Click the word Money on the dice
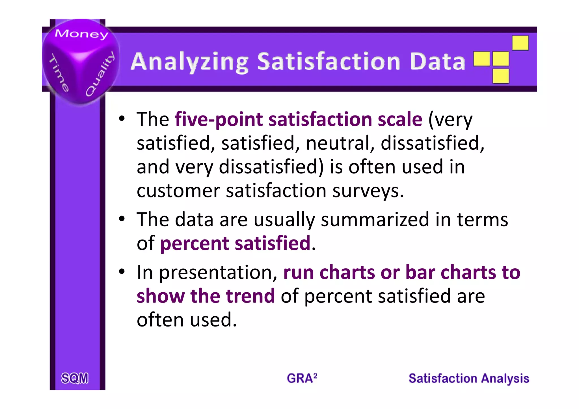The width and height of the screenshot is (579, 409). click(x=81, y=34)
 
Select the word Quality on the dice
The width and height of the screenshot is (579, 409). click(x=100, y=74)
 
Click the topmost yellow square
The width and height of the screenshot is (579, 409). click(x=520, y=43)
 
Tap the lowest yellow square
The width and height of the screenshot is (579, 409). click(x=500, y=76)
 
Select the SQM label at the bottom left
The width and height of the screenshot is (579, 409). click(x=75, y=378)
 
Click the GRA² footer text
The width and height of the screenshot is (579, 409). click(x=302, y=378)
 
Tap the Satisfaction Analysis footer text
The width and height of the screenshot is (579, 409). click(x=469, y=378)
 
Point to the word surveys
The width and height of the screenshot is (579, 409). click(x=368, y=191)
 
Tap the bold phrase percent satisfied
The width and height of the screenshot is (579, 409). click(x=235, y=243)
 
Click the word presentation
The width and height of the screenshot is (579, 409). click(x=218, y=273)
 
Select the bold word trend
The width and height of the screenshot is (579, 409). click(x=250, y=296)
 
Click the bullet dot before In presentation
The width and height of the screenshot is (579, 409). click(x=122, y=271)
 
